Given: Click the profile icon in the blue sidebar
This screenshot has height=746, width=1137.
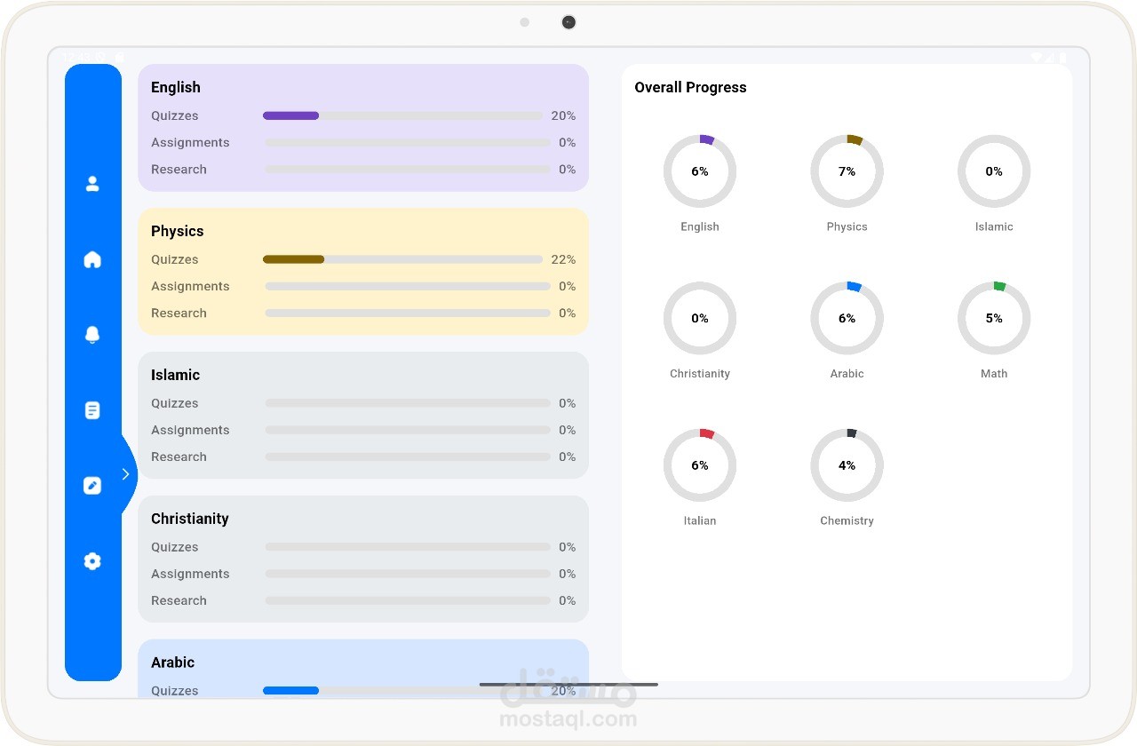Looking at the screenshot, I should pos(92,184).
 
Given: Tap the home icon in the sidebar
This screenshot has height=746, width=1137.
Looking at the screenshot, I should pos(92,259).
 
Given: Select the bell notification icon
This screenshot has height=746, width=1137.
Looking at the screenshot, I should pos(92,335).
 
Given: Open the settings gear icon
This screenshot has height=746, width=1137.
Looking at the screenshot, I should pos(92,561).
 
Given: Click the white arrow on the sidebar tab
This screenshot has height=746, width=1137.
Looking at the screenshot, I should pos(125,474).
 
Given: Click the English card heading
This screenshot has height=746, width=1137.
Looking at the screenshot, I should pos(176,87).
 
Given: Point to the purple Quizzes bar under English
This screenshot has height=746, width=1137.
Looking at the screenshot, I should pos(290,115).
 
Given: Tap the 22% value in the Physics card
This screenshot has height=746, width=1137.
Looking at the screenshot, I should pos(563,259).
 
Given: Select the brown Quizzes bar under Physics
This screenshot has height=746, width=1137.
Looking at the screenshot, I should pos(293,259).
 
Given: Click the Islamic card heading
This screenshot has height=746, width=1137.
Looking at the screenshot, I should pos(176,375).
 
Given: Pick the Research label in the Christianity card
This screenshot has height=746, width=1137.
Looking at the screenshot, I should pos(179,600).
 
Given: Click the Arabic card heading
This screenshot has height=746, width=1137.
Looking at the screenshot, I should pos(172,663).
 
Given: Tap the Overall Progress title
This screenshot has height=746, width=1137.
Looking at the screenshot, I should pos(690,87).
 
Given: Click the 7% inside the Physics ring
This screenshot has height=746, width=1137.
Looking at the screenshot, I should pos(847,171).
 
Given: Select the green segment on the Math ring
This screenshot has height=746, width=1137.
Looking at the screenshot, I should pos(999,286).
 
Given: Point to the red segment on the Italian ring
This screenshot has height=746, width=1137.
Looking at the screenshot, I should pos(707,433).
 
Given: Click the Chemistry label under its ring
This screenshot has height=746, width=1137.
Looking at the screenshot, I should pos(847,520).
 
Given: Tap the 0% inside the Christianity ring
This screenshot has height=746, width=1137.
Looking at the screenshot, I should pos(700,318).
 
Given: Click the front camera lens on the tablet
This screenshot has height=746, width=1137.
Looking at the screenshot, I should pos(568,22).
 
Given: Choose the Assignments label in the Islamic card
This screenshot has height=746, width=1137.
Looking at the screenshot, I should pos(190,430).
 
